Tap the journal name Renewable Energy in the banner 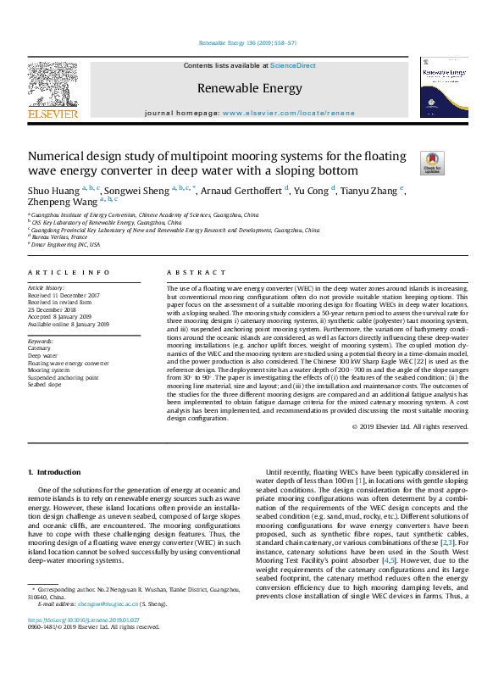pyautogui.click(x=251, y=88)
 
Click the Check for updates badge pyautogui.click(x=407, y=162)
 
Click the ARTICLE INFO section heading pyautogui.click(x=69, y=272)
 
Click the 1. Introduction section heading pyautogui.click(x=54, y=471)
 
